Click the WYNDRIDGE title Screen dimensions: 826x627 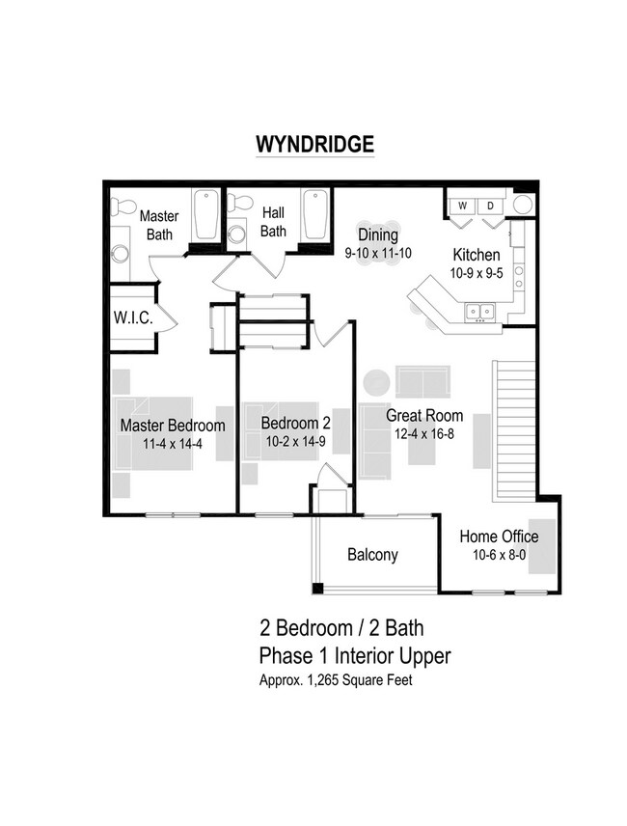pyautogui.click(x=313, y=144)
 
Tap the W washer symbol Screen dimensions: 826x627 pyautogui.click(x=463, y=206)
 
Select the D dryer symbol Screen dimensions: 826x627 pyautogui.click(x=489, y=206)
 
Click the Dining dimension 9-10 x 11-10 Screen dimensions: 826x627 pyautogui.click(x=378, y=254)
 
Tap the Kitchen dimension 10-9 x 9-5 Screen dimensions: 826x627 pyautogui.click(x=477, y=274)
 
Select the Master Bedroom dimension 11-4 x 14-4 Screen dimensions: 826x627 pyautogui.click(x=173, y=443)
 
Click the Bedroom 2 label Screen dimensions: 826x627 pyautogui.click(x=295, y=423)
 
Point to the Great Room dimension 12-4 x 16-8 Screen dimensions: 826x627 pyautogui.click(x=424, y=435)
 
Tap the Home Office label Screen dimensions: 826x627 pyautogui.click(x=498, y=537)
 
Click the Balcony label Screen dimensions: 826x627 pyautogui.click(x=371, y=555)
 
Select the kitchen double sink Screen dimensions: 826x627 pyautogui.click(x=479, y=311)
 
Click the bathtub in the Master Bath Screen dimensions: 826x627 pyautogui.click(x=206, y=216)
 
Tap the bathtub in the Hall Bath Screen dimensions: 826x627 pyautogui.click(x=315, y=216)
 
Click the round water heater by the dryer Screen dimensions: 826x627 pyautogui.click(x=522, y=205)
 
